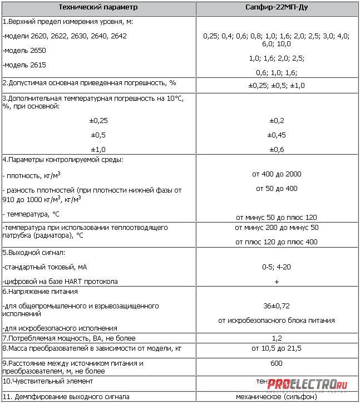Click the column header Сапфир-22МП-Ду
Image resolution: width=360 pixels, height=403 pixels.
coord(276,8)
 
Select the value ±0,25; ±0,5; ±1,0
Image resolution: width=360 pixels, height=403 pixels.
coord(276,85)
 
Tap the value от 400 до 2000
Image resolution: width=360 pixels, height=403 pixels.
coord(276,174)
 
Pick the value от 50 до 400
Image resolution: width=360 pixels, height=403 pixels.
coord(276,189)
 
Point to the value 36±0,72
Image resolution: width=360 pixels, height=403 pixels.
coord(277,306)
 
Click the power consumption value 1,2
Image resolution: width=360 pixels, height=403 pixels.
coord(277,338)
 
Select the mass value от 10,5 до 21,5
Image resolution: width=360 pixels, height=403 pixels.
coord(277,348)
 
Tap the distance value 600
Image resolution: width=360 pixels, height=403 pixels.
coord(277,363)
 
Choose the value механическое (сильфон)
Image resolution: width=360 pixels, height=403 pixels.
coord(277,397)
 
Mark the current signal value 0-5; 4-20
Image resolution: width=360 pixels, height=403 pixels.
coord(277,267)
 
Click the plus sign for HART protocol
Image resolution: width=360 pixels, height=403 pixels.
coord(277,282)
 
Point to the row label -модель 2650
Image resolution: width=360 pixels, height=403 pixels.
coord(24,50)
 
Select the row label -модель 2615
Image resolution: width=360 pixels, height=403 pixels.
coord(24,65)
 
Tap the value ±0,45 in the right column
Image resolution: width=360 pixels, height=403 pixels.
coord(277,135)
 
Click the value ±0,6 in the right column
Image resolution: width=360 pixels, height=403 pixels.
coord(277,149)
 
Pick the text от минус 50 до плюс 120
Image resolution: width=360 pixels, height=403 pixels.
coord(277,217)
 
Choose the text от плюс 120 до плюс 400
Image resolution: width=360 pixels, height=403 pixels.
coord(277,242)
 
